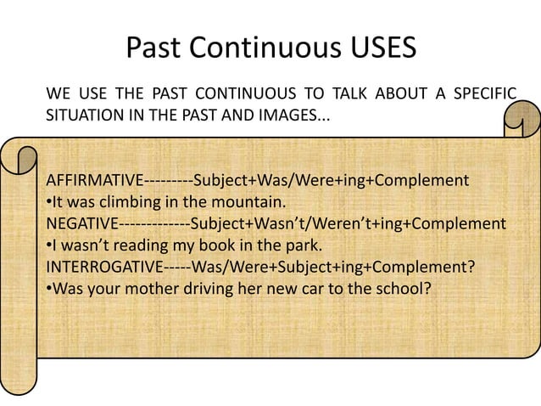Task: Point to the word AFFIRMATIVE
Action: click(95, 182)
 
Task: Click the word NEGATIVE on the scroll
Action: click(81, 224)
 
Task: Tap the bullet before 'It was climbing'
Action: click(49, 203)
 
